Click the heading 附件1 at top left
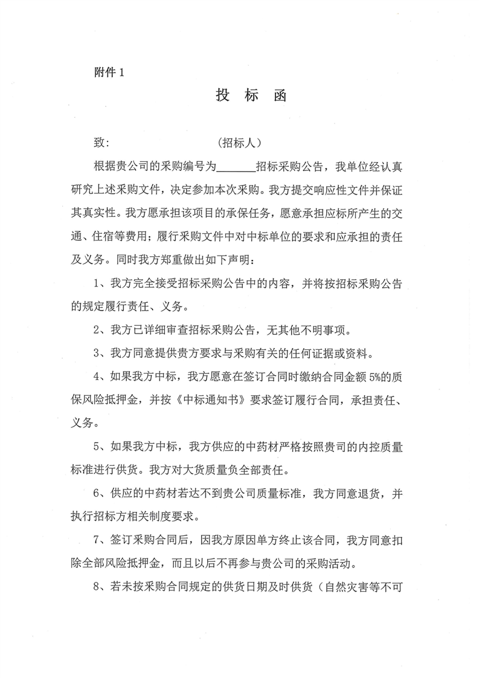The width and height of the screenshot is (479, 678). pyautogui.click(x=109, y=73)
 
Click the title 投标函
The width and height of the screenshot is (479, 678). pyautogui.click(x=250, y=96)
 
